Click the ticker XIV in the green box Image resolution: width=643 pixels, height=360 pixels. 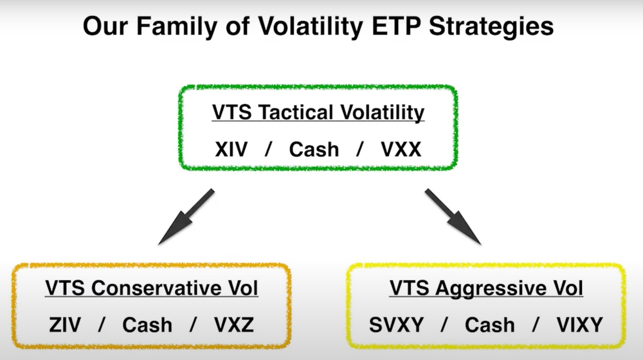(231, 149)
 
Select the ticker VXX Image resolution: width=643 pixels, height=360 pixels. (401, 149)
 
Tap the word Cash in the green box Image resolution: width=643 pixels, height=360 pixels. (314, 149)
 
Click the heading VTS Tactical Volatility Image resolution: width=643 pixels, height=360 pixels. (318, 113)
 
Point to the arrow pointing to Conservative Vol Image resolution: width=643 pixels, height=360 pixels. (186, 217)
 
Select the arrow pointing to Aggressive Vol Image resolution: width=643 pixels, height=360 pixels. (453, 217)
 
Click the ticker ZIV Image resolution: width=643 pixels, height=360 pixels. (65, 325)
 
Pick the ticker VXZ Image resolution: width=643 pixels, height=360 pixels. (234, 325)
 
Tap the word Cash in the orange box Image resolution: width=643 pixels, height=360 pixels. (147, 325)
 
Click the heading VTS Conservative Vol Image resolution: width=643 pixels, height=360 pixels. (152, 288)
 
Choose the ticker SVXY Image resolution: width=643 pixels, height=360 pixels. (397, 325)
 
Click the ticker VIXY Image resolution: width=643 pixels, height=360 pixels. (579, 325)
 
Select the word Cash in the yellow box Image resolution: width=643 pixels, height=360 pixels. (489, 325)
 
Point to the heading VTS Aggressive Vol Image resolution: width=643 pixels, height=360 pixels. (486, 289)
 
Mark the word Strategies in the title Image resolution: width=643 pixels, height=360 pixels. (491, 26)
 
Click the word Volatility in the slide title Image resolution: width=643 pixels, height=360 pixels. (311, 26)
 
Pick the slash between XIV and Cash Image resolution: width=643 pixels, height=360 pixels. (269, 149)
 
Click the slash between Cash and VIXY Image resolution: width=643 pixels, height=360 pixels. (536, 325)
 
